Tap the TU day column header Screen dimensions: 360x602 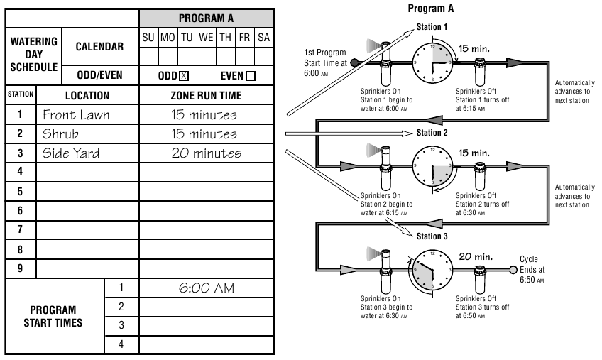point(187,36)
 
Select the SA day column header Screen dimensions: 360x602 point(263,36)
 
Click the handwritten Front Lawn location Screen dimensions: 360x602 point(76,114)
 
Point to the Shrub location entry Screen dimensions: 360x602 point(60,133)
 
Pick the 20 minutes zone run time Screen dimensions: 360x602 point(206,153)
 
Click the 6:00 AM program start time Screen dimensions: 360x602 point(206,288)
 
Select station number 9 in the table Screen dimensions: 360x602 point(20,269)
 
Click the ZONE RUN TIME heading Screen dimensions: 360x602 point(207,95)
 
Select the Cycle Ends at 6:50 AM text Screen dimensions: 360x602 point(532,270)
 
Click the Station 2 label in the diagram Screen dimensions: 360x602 point(432,133)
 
